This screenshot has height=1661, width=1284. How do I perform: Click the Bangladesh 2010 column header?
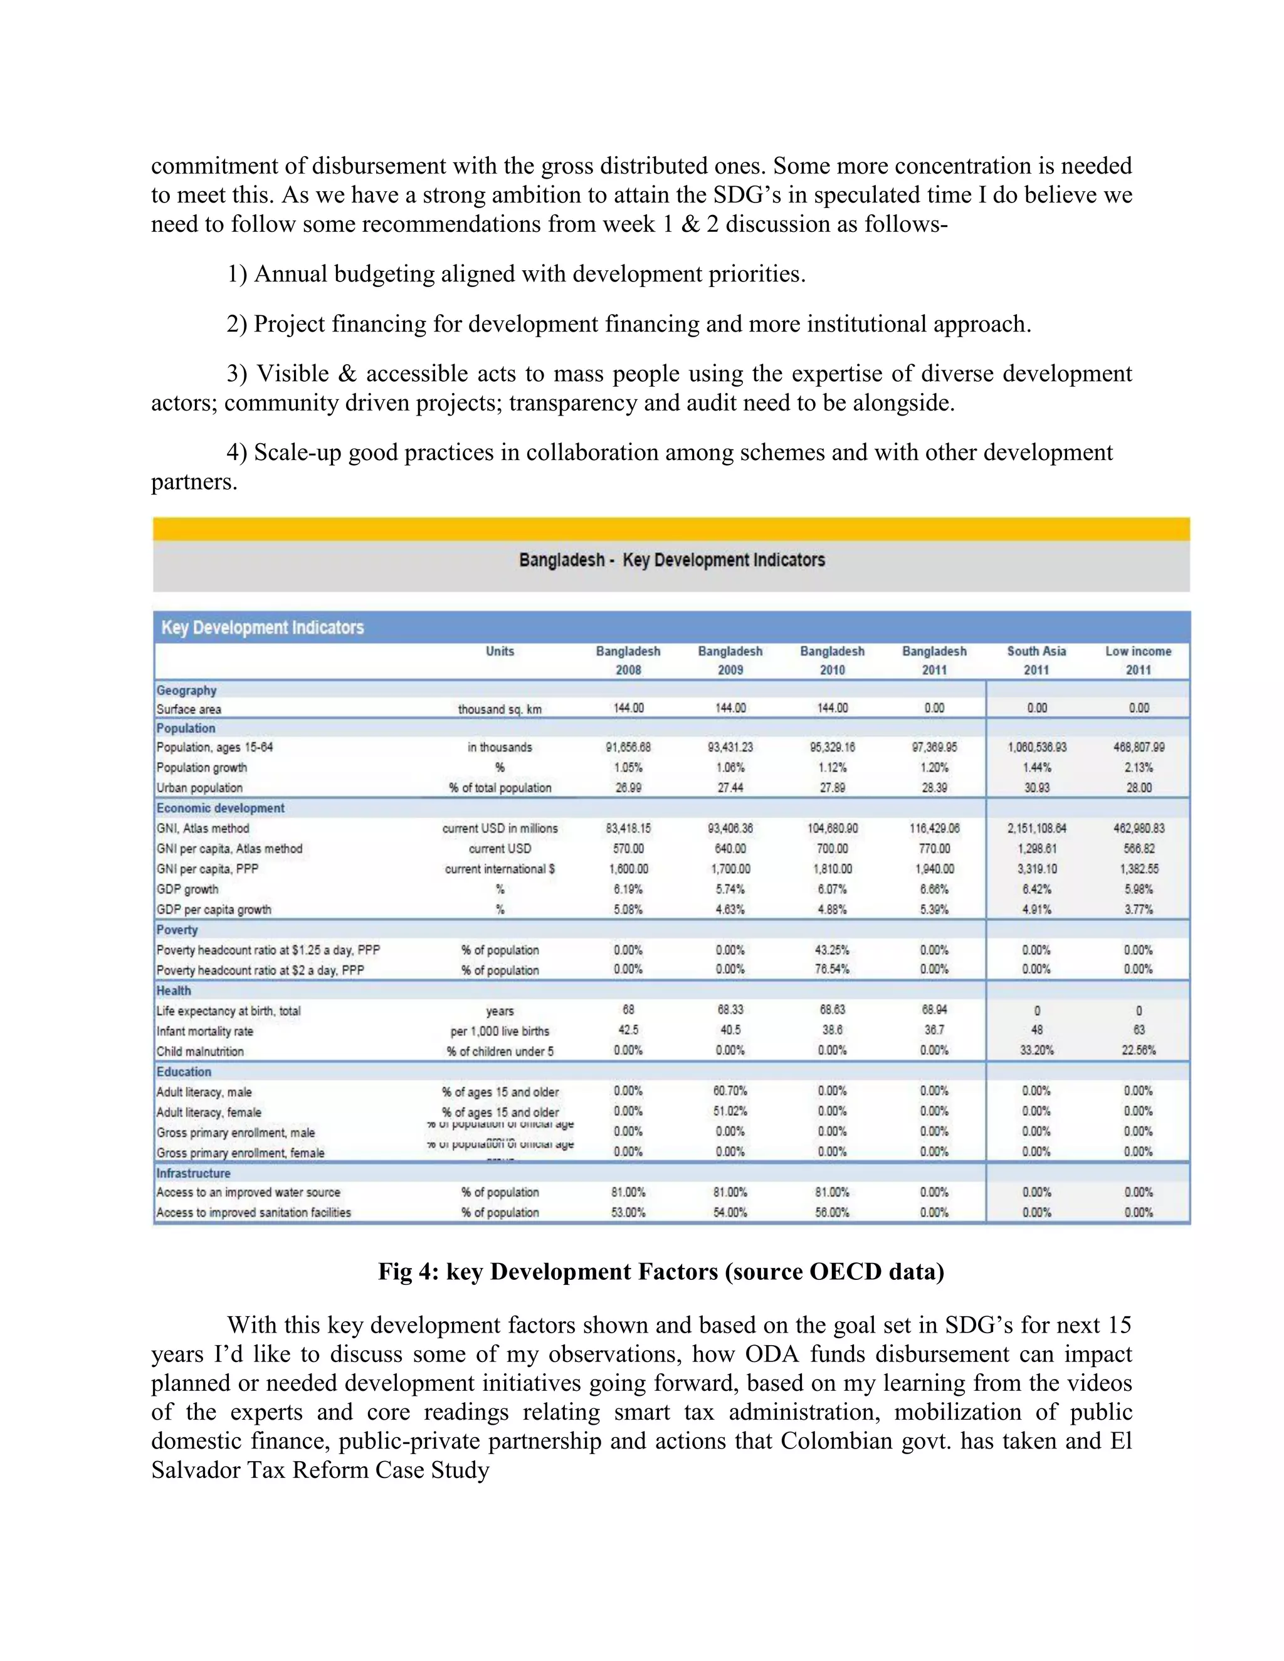point(832,660)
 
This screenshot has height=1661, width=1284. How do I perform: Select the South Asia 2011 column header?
point(1036,660)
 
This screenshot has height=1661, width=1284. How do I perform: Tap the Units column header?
point(500,651)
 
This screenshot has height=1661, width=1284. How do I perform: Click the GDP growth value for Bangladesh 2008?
point(628,888)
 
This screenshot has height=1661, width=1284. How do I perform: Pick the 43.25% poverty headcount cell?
point(832,950)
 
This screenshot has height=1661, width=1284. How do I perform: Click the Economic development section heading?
point(221,808)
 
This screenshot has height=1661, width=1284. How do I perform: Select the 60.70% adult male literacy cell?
point(730,1091)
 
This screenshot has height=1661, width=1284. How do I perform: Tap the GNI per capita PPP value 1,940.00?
point(934,869)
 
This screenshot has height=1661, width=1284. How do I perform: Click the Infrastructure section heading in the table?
point(193,1173)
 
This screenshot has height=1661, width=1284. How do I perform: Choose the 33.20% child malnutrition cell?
point(1036,1051)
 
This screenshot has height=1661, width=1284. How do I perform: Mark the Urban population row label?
point(199,788)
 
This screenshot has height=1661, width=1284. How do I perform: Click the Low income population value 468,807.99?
point(1138,747)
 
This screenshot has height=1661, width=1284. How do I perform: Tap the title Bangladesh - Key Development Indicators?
point(671,560)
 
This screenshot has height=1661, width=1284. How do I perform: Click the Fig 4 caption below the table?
point(660,1272)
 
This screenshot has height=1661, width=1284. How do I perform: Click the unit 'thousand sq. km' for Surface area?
point(500,709)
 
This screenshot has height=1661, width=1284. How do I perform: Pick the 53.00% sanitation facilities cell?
point(628,1212)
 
